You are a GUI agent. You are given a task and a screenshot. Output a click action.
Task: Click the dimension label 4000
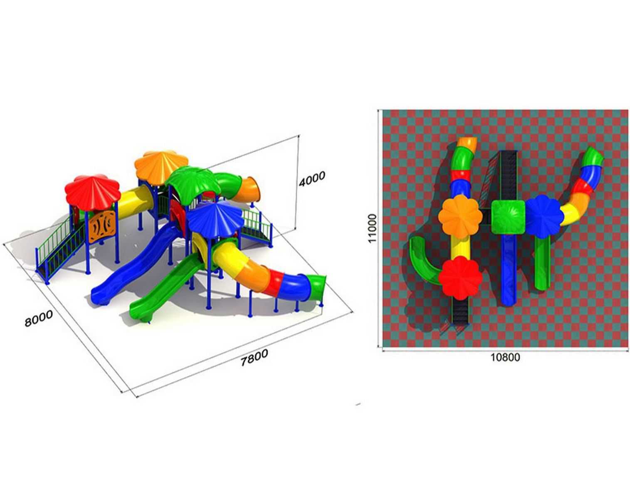coord(312,179)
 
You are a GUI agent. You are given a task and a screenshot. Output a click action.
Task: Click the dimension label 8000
coord(39,318)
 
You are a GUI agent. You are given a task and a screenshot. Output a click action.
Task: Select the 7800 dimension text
coord(254,358)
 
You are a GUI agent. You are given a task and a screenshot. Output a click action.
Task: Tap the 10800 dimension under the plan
coord(505,357)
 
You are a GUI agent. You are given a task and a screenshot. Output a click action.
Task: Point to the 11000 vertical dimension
coord(372,228)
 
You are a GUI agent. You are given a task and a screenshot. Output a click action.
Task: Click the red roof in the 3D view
coord(92,190)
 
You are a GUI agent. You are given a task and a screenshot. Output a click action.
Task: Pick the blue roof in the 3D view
coord(215,218)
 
